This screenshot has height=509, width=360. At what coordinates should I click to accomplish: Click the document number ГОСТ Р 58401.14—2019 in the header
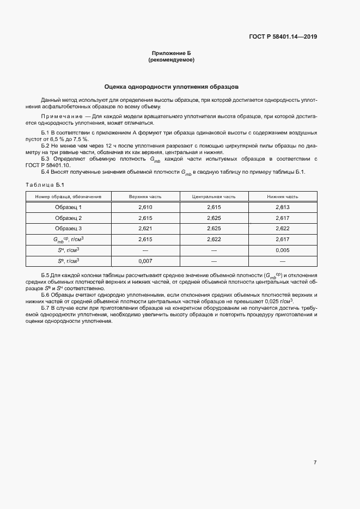(x=283, y=37)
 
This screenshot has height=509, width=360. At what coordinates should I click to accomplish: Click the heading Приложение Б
(x=171, y=53)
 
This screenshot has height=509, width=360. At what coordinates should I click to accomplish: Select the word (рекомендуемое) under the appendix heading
(x=171, y=60)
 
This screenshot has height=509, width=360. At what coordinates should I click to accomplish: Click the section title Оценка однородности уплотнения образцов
(x=171, y=87)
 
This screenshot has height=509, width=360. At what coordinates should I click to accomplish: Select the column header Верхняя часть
(x=144, y=197)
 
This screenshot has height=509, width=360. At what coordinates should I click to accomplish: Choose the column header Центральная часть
(x=213, y=197)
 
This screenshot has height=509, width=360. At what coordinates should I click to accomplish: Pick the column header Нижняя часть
(x=282, y=197)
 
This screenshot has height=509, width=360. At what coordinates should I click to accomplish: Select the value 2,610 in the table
(x=144, y=207)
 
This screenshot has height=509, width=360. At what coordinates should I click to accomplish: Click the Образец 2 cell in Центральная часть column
(x=213, y=218)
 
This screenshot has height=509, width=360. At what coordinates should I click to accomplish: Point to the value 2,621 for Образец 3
(x=144, y=228)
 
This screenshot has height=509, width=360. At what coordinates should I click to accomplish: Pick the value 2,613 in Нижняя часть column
(x=282, y=207)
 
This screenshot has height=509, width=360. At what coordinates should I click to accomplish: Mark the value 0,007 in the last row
(x=144, y=260)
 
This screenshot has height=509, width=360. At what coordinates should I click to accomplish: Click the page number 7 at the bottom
(x=315, y=463)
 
